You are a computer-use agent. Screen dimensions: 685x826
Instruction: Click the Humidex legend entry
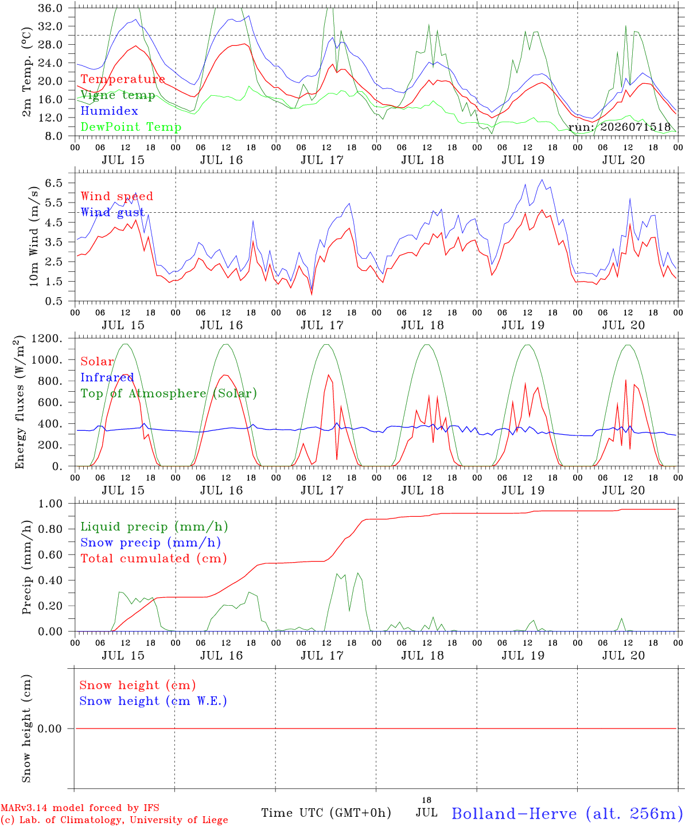[109, 111]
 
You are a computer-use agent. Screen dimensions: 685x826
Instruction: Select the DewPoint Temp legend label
[131, 127]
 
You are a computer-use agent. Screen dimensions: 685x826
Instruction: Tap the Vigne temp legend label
[118, 95]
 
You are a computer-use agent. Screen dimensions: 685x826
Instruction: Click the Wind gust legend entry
[112, 212]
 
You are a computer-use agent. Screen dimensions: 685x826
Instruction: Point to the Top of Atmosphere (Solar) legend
[169, 393]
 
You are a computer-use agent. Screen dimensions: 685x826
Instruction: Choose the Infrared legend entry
[107, 377]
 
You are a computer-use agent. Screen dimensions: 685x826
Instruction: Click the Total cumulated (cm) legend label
[154, 558]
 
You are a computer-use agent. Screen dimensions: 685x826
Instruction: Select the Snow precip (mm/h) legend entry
[150, 543]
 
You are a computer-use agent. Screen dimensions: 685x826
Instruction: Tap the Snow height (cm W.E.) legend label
[153, 700]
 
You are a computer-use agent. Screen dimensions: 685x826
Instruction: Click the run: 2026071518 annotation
[619, 127]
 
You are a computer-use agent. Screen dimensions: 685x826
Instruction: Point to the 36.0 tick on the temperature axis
[50, 8]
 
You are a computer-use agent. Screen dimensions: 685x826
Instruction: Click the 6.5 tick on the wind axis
[54, 183]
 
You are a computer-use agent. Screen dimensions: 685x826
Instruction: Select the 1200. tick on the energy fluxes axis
[47, 338]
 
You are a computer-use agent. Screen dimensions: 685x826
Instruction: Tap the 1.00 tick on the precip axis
[50, 504]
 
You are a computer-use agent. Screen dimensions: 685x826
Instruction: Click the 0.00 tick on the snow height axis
[49, 728]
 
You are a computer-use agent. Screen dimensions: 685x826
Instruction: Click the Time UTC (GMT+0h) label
[326, 813]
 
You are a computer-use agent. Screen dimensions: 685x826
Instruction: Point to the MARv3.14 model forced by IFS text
[80, 808]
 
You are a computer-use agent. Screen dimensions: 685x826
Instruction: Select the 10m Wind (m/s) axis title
[34, 236]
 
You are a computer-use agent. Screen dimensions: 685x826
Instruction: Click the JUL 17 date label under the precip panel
[322, 656]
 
